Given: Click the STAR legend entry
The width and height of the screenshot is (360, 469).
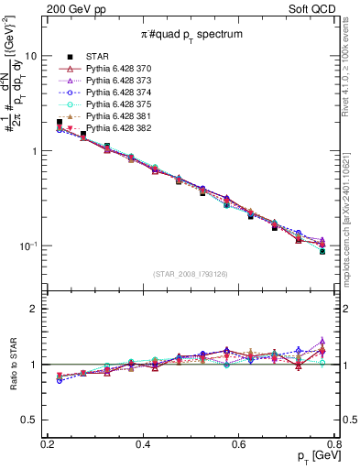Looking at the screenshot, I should tap(96, 55).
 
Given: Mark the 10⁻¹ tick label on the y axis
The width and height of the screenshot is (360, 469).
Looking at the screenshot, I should tap(29, 246).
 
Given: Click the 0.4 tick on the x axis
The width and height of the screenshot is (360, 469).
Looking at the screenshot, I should tap(143, 444).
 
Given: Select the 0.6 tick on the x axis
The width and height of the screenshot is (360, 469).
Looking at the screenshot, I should tap(239, 444).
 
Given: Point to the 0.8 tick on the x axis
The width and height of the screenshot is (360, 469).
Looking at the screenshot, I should tap(334, 444).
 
